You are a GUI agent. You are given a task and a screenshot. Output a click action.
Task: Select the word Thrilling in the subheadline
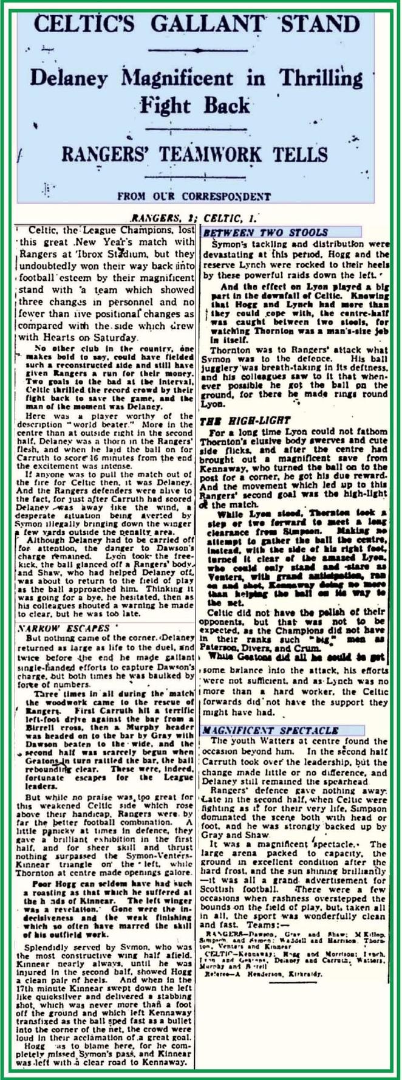[x=317, y=78]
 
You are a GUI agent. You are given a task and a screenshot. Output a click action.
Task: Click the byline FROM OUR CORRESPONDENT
[x=193, y=196]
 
